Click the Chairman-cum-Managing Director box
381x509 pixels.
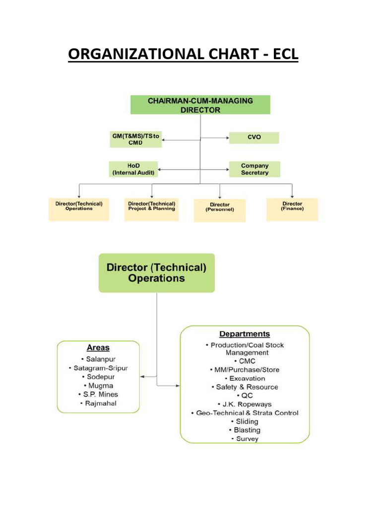[x=200, y=105]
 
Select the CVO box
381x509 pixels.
[x=254, y=138]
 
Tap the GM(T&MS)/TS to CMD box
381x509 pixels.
[x=135, y=139]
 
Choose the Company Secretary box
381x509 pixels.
[x=254, y=169]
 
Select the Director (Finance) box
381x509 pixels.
[x=292, y=209]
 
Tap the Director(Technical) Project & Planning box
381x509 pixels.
[x=151, y=209]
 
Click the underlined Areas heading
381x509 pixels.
[x=98, y=348]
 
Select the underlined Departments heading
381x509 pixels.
[x=245, y=334]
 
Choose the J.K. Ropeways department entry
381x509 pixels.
[x=245, y=404]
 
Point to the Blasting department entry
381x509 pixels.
[x=245, y=430]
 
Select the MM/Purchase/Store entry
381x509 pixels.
[x=245, y=370]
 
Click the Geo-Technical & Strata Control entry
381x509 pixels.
[x=245, y=413]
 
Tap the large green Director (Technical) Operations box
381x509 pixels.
[x=157, y=273]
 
